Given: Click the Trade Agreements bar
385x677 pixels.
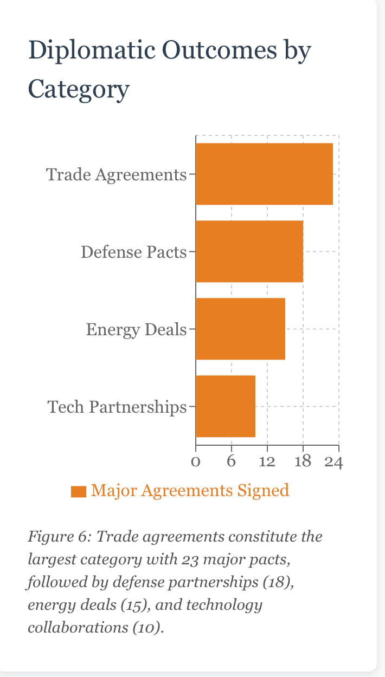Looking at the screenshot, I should (264, 174).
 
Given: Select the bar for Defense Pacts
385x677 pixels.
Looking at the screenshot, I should (249, 251).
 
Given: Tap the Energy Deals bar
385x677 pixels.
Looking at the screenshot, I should (240, 329).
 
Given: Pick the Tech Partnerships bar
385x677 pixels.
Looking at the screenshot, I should (225, 406).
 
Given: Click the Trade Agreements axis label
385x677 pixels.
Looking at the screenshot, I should (116, 175).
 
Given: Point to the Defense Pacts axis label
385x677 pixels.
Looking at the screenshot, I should (133, 252).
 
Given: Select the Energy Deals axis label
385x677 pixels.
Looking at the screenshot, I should (136, 329).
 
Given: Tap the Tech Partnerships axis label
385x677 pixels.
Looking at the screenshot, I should (117, 407).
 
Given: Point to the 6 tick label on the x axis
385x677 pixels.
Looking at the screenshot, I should (231, 462).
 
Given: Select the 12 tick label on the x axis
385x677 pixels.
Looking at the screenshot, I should (267, 462).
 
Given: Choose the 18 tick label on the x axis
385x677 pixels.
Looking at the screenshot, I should (303, 462).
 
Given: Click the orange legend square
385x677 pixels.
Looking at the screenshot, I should (79, 491).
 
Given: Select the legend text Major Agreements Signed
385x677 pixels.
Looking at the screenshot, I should (190, 491).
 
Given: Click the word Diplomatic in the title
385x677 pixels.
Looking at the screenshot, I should (89, 51).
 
